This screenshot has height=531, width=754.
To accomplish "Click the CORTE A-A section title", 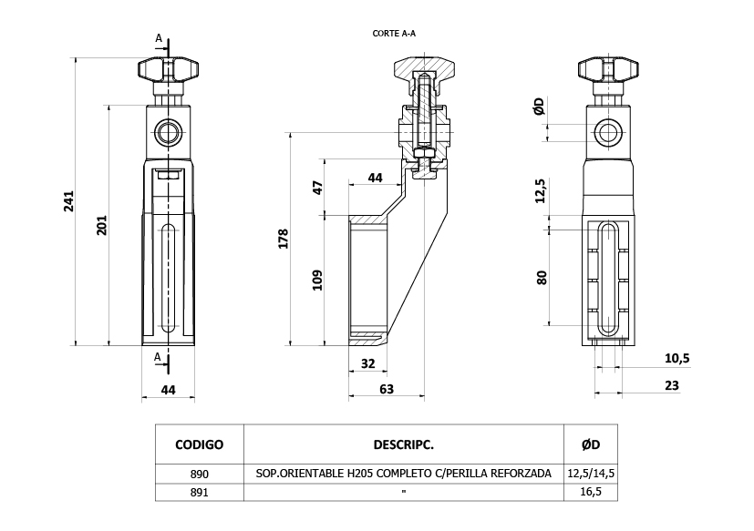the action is tap(394, 33).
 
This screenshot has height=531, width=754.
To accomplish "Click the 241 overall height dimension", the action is tap(69, 201).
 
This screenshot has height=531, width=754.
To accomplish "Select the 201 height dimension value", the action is tap(102, 225).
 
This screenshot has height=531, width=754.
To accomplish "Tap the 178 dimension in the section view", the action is tap(284, 239).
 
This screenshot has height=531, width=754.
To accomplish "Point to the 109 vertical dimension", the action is tap(317, 281).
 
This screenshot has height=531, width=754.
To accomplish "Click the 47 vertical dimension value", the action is tap(317, 188).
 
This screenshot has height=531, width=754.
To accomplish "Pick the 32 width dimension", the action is tap(367, 363).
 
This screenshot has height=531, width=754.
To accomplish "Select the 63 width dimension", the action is tap(387, 389).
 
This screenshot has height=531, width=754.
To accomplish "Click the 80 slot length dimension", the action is tap(542, 278).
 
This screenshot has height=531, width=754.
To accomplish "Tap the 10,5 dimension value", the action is tap(677, 358).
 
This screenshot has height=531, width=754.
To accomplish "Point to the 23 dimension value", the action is tap(672, 385).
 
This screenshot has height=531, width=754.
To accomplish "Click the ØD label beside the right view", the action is tap(539, 107).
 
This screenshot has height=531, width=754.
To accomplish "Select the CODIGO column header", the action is tap(199, 444).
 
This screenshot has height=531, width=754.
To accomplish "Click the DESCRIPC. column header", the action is tap(404, 444).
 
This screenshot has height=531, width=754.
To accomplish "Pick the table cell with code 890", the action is tap(199, 474).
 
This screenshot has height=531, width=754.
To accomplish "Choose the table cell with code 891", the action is tap(199, 493).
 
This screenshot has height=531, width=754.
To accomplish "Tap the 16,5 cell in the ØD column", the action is tap(591, 492).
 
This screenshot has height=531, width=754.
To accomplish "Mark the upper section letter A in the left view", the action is tap(159, 37).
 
